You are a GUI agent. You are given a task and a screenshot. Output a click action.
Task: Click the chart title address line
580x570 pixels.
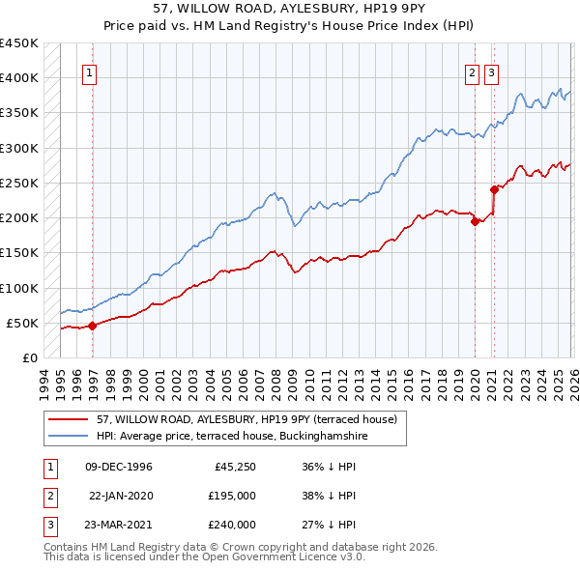pyautogui.click(x=290, y=7)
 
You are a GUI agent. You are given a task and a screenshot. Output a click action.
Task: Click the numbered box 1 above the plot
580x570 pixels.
pyautogui.click(x=89, y=71)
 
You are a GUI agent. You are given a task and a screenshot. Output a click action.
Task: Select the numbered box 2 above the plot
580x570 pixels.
pyautogui.click(x=472, y=71)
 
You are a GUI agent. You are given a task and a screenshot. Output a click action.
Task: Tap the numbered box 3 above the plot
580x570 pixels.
pyautogui.click(x=491, y=71)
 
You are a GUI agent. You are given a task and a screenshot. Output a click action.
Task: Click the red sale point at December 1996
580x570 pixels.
pyautogui.click(x=93, y=326)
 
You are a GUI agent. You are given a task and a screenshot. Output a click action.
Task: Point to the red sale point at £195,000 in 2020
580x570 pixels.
pyautogui.click(x=475, y=221)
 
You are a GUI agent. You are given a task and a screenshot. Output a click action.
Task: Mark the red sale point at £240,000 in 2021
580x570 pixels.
pyautogui.click(x=493, y=189)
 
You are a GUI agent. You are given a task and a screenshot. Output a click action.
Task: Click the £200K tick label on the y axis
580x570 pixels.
pyautogui.click(x=19, y=218)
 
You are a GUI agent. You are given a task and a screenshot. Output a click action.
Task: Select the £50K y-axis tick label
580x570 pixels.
pyautogui.click(x=23, y=323)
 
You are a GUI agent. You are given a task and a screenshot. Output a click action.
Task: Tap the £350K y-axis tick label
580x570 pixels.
pyautogui.click(x=19, y=113)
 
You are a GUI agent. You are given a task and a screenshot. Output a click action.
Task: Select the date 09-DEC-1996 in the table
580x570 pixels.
pyautogui.click(x=119, y=467)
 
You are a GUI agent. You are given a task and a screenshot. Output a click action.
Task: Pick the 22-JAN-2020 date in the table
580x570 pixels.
pyautogui.click(x=120, y=496)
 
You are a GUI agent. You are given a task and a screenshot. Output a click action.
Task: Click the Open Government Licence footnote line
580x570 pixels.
pyautogui.click(x=204, y=557)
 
